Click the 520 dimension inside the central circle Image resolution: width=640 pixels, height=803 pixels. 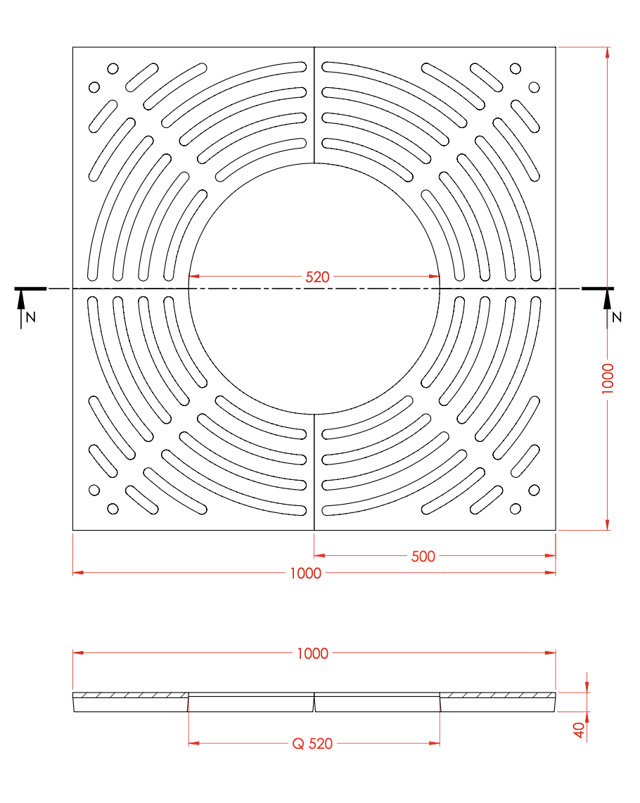pos(317,277)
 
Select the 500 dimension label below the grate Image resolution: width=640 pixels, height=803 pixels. pos(423,556)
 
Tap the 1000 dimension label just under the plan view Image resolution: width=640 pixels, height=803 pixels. pos(305,574)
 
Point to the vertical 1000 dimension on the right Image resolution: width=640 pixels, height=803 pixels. pos(607,379)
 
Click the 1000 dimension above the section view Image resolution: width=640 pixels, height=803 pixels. pos(312,654)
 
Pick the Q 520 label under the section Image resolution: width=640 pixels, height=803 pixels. pos(312,744)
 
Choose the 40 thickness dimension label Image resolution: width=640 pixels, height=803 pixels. pos(579,730)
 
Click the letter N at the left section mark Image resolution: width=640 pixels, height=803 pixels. pos(31,317)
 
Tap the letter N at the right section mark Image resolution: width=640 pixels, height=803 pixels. pos(617,317)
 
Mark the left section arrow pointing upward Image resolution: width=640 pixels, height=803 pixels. pos(21,309)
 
